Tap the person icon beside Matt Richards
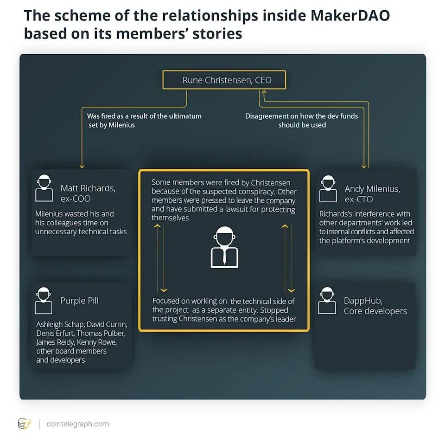coord(44,188)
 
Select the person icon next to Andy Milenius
coord(328,189)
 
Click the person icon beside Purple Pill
coord(44,300)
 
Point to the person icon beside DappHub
coord(327,300)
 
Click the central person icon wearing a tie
coord(224,247)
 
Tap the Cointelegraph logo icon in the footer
coord(24,424)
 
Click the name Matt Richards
coord(88,188)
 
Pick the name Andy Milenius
coord(372,189)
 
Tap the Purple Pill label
coord(79,301)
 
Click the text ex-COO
coord(76,199)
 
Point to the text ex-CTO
coord(359,199)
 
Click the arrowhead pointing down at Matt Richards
coord(82,166)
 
